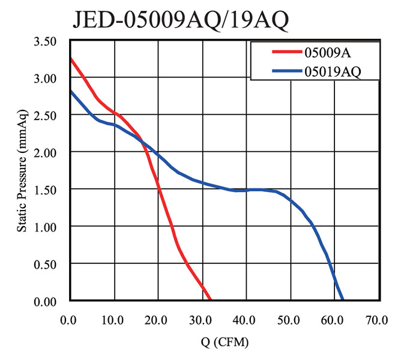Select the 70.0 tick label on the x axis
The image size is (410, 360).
pyautogui.click(x=378, y=319)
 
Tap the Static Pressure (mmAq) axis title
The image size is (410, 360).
pyautogui.click(x=22, y=171)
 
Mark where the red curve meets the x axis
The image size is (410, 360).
pyautogui.click(x=210, y=299)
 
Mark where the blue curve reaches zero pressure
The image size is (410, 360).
pyautogui.click(x=343, y=299)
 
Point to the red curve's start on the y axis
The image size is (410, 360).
pyautogui.click(x=71, y=59)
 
